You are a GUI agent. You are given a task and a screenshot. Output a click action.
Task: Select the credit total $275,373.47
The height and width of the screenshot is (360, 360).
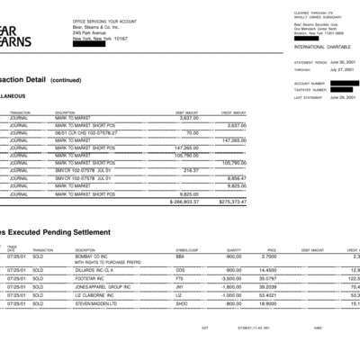click(231, 202)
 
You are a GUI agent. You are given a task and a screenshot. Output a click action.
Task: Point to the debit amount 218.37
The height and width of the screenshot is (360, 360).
click(190, 170)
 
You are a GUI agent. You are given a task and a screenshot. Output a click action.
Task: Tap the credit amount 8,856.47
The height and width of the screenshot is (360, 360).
click(236, 178)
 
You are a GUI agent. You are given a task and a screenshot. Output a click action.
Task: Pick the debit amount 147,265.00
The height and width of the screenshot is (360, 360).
click(184, 148)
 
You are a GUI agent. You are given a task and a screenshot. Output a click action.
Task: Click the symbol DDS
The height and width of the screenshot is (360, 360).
click(180, 270)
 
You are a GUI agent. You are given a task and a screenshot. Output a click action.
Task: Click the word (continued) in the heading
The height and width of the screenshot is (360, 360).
click(65, 80)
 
